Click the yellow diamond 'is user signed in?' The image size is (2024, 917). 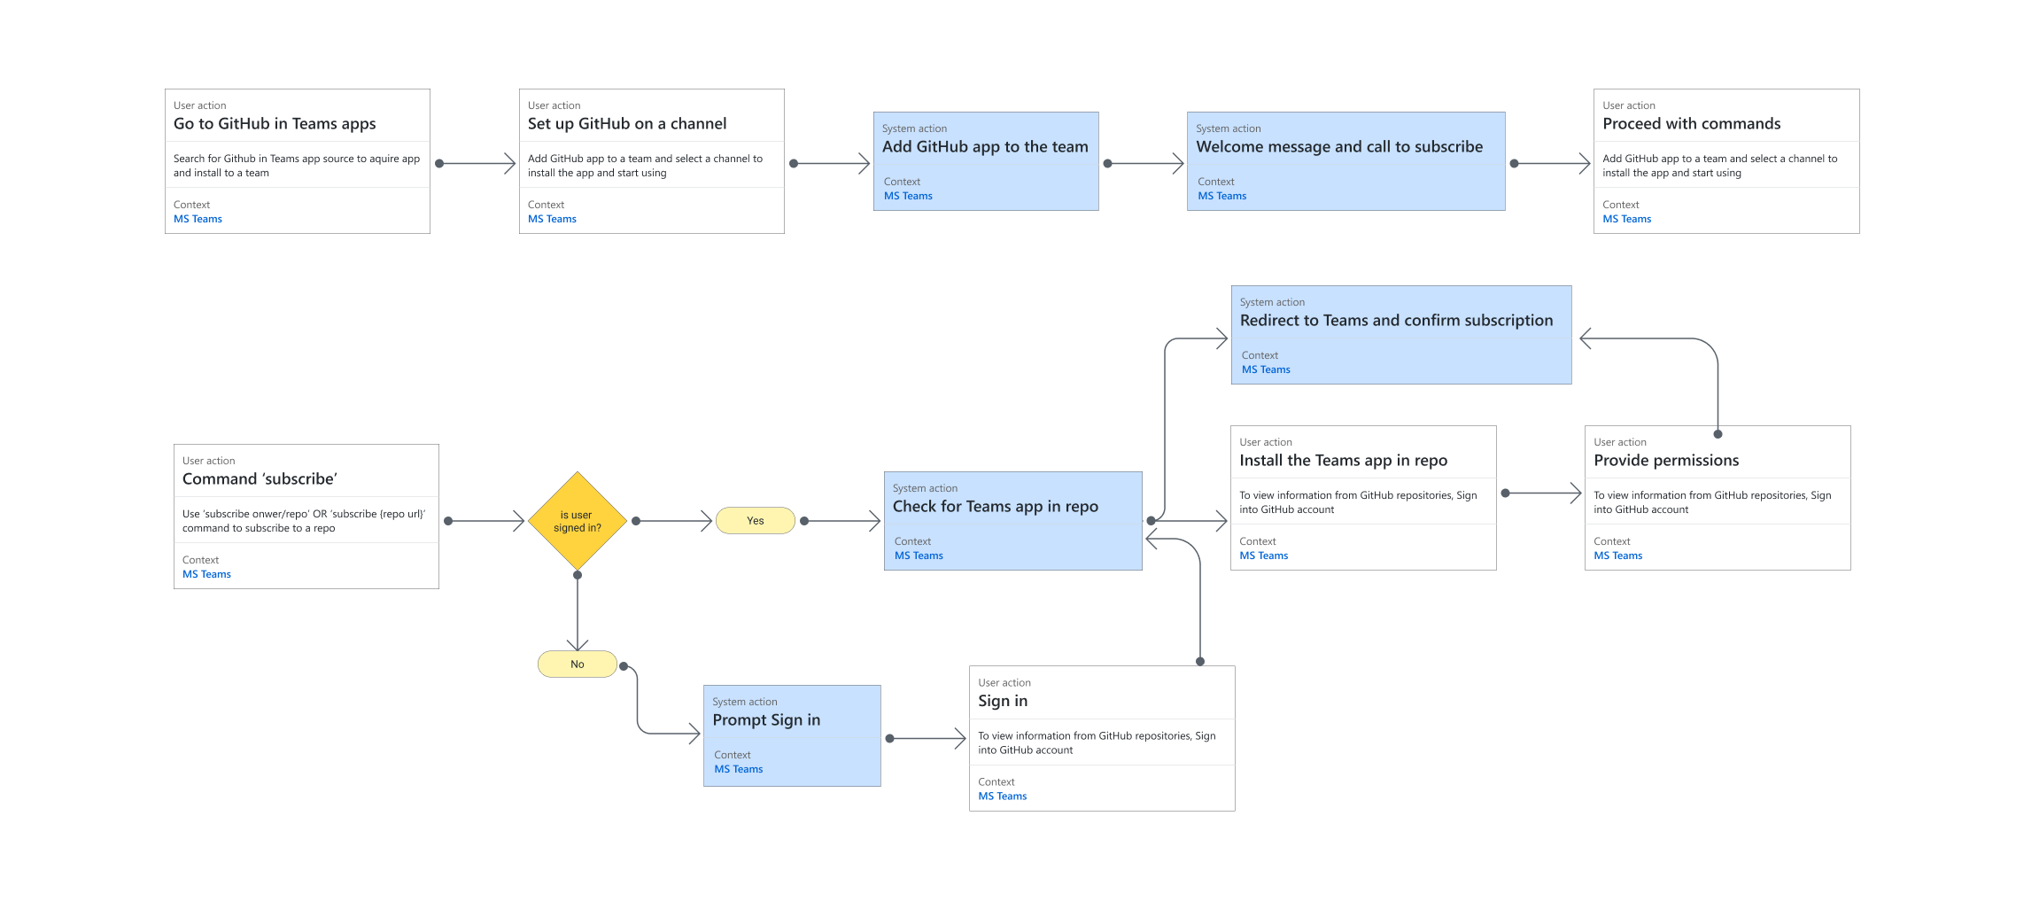[x=578, y=521]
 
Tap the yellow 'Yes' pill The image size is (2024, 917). [x=755, y=521]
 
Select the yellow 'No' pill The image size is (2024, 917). [x=577, y=664]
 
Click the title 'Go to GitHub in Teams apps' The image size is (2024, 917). [x=275, y=124]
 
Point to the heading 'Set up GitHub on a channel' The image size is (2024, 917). [x=627, y=124]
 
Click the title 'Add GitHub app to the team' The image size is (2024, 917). [x=985, y=147]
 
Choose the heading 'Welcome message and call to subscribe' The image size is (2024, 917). [x=1339, y=147]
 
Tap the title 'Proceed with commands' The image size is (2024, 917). [x=1691, y=124]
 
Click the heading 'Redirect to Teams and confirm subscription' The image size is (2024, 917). [x=1396, y=321]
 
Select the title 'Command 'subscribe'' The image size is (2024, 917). [x=260, y=479]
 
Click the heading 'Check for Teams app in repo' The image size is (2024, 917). [x=995, y=507]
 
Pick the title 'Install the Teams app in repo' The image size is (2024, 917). [x=1343, y=461]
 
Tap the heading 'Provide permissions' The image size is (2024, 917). [x=1666, y=461]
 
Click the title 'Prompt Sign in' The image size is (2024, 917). [x=766, y=720]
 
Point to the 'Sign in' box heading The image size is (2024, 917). [x=1003, y=701]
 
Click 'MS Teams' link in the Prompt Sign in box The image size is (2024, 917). [x=738, y=769]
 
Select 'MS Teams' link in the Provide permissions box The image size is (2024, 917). [x=1617, y=556]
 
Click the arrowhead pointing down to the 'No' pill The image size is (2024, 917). [x=578, y=645]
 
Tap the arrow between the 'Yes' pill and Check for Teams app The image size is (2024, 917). [x=841, y=521]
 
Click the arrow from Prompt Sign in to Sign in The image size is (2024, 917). [x=927, y=738]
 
